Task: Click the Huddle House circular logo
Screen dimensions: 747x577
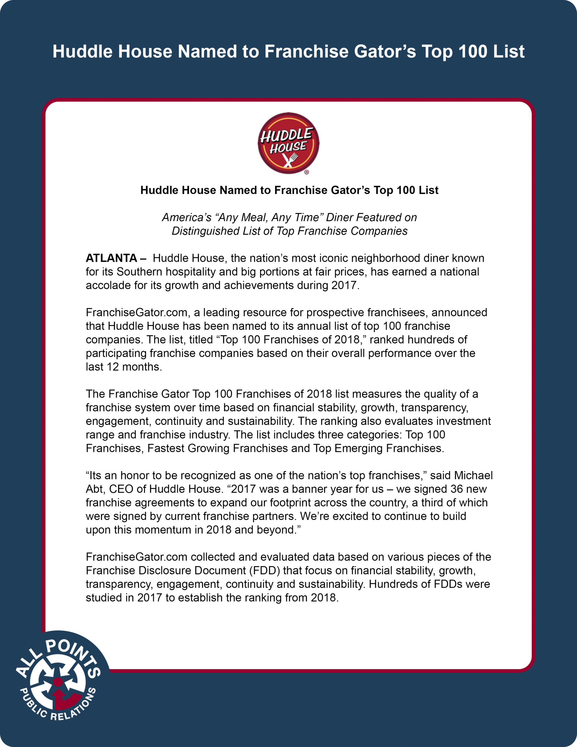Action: tap(288, 143)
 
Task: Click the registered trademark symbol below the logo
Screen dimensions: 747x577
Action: tap(307, 172)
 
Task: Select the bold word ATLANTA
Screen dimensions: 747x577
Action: tap(111, 258)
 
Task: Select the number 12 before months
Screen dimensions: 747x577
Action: tap(113, 367)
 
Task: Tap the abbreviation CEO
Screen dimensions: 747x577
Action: tap(121, 489)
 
